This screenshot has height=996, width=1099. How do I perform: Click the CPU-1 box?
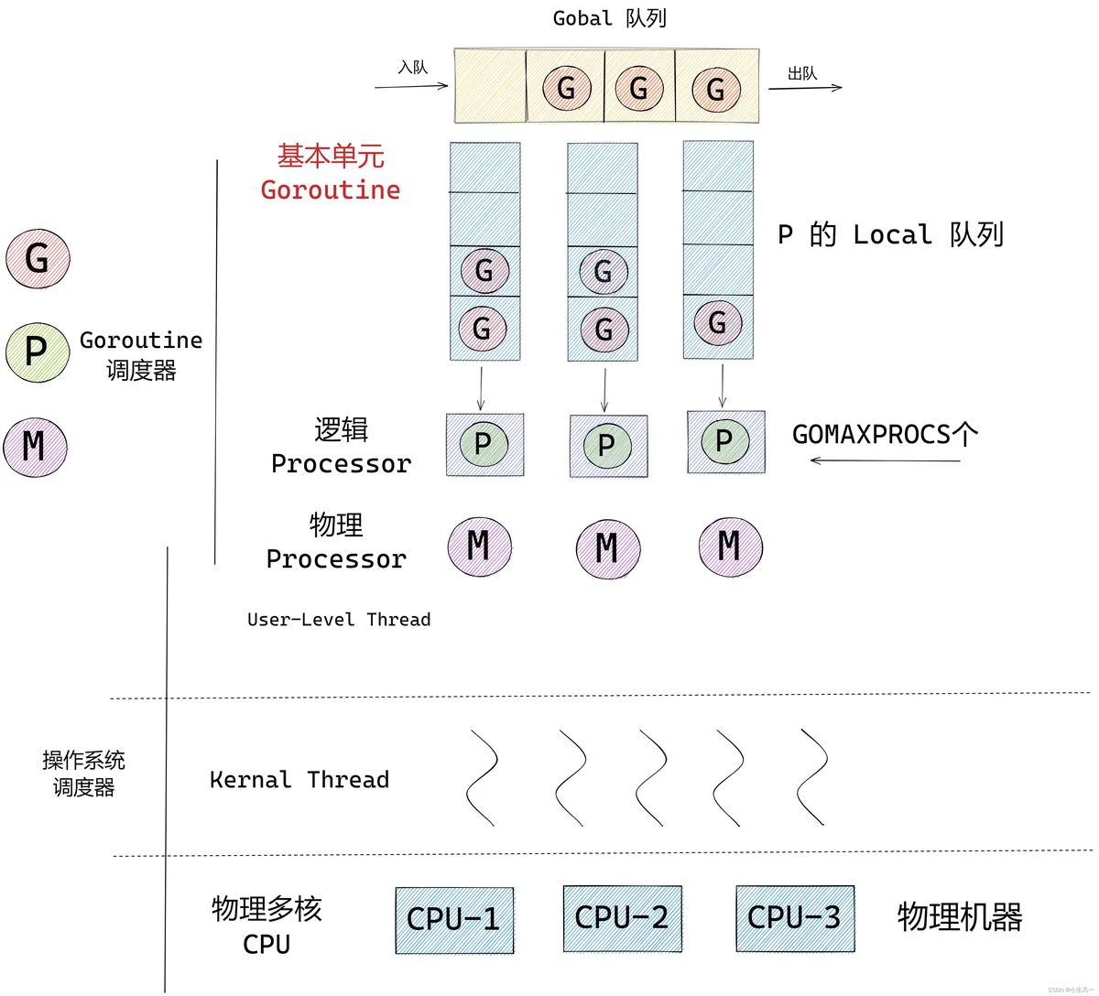tap(455, 921)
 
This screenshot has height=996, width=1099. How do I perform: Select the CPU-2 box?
tap(623, 919)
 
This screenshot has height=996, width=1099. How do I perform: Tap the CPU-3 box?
tap(796, 919)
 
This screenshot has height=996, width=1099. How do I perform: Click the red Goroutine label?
tap(331, 190)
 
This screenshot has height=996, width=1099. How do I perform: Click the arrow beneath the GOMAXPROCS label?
tap(886, 460)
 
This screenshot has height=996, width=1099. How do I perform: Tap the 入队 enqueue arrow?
tap(411, 86)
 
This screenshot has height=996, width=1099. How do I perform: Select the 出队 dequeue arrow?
tap(805, 88)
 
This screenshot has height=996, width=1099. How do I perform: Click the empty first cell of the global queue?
tap(490, 86)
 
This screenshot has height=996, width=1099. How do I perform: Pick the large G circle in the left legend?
tap(38, 259)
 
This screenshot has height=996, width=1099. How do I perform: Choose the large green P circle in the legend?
tap(38, 352)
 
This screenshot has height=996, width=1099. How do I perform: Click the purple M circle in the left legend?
tap(36, 448)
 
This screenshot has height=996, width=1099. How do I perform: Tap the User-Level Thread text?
tap(339, 620)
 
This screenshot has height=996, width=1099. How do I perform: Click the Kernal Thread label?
tap(299, 780)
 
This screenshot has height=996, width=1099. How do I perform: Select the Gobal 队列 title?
tap(610, 18)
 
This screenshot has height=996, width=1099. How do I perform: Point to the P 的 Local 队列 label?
tap(891, 235)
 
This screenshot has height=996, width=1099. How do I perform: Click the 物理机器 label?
tap(960, 917)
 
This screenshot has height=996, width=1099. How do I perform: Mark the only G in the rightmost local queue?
tap(718, 323)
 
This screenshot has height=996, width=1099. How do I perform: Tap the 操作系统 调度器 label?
tap(84, 774)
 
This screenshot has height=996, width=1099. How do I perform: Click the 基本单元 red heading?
tap(331, 157)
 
